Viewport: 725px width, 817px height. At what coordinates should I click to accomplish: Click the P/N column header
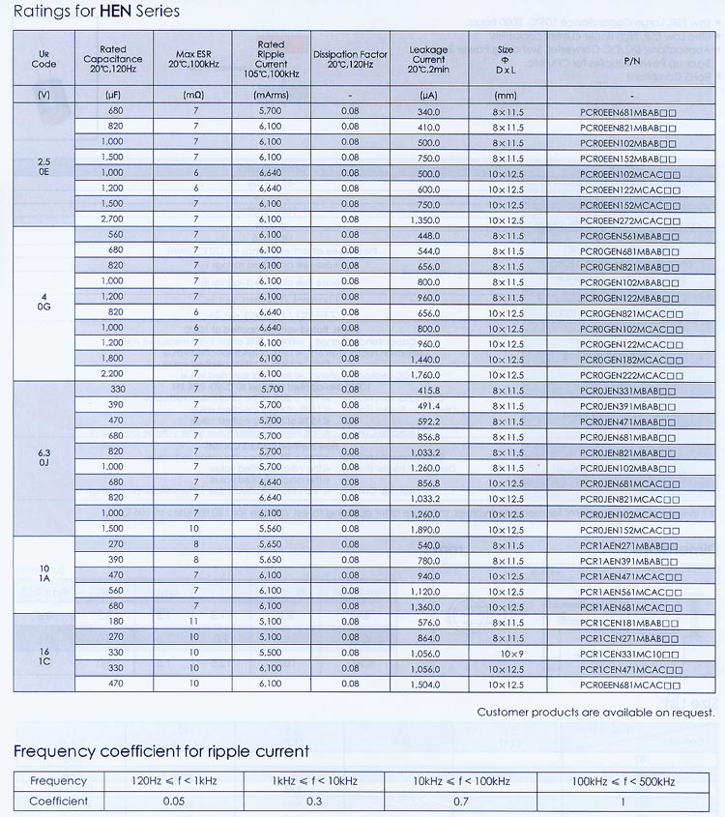tap(631, 60)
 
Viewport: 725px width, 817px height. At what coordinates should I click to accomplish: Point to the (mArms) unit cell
tap(272, 96)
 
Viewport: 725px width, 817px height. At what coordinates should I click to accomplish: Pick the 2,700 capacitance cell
tap(116, 219)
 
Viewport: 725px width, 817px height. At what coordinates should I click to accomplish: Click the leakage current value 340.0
tap(428, 112)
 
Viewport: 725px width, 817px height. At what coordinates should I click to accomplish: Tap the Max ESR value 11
tap(195, 622)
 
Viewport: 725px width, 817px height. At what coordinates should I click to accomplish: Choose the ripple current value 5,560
tap(272, 529)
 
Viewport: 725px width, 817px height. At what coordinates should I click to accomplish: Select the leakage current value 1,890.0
tap(428, 529)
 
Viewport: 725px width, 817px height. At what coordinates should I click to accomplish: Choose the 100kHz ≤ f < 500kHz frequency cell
tap(623, 781)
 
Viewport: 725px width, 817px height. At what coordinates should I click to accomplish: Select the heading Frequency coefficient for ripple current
tap(161, 751)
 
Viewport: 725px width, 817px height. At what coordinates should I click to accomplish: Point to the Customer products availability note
tap(595, 713)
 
